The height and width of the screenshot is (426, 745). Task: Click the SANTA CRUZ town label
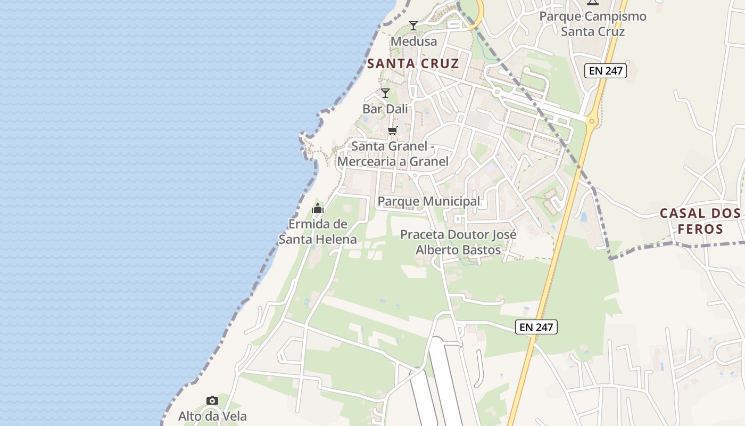coord(413,64)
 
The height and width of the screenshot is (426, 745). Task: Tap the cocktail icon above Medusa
coord(413,25)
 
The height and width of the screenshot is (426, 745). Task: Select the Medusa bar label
coord(413,42)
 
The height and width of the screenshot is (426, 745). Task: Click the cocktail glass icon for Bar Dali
coord(385,93)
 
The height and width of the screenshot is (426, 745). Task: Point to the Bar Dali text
coord(385,109)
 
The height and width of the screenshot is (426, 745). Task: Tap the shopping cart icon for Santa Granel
coord(393,130)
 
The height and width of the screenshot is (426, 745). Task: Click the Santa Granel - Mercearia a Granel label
coord(393,153)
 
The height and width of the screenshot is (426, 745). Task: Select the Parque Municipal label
coord(428,201)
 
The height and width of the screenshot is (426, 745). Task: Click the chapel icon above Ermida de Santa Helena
coord(318,208)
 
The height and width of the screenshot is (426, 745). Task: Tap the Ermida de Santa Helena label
coord(318,232)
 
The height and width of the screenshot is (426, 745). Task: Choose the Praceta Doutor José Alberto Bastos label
coord(458,242)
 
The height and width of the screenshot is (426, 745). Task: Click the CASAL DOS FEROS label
coord(700,221)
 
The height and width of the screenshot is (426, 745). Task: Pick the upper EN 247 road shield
coord(606,70)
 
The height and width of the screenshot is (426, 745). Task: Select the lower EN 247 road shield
coord(536,327)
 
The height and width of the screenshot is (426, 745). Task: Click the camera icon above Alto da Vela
coord(212,400)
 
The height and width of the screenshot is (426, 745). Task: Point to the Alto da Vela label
coord(212,416)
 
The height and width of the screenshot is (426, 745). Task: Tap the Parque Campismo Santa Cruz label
coord(593,23)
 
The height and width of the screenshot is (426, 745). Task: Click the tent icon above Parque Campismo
coord(592,3)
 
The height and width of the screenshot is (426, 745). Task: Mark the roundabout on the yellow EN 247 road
coord(592,121)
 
